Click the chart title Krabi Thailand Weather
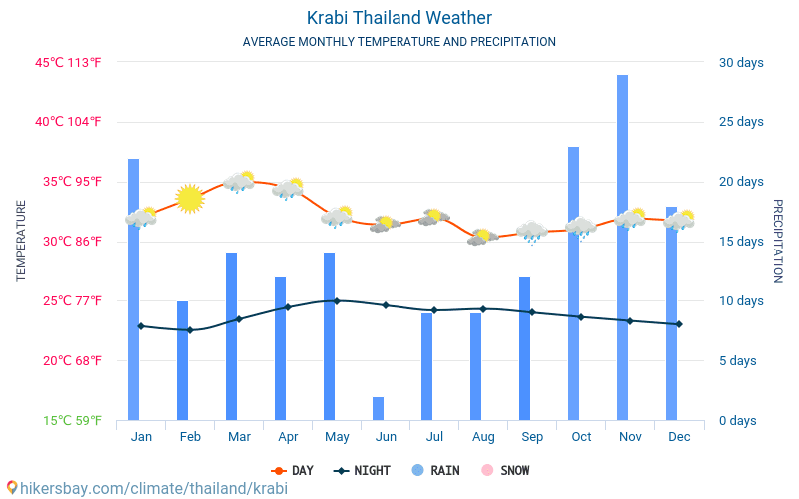point(399,18)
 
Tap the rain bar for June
point(378,408)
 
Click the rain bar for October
point(573,283)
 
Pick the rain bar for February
point(182,360)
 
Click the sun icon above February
point(189,199)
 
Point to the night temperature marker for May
point(337,300)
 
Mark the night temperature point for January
point(141,326)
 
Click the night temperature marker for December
point(679,324)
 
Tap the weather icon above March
point(239,181)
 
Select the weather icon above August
point(482,237)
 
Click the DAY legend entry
point(292,470)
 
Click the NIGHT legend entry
point(363,470)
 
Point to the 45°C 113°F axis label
point(69,62)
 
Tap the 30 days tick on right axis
point(740,62)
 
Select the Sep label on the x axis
point(532,437)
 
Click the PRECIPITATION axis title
point(778,241)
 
